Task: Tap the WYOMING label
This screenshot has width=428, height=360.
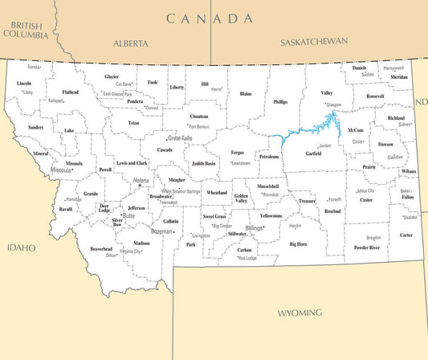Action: (300, 312)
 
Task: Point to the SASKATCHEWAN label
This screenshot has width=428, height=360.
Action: (314, 41)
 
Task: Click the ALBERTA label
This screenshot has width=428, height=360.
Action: (131, 43)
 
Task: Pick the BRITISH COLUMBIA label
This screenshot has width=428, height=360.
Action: (27, 30)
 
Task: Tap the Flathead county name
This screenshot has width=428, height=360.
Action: (71, 92)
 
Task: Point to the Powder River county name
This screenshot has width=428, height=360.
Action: (368, 247)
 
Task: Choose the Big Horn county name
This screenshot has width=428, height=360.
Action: (298, 243)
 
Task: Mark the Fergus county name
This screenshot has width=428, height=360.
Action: (238, 152)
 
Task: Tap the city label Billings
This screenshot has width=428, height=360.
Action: (255, 228)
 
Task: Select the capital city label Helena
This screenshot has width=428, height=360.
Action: (141, 181)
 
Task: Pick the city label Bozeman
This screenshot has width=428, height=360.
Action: (162, 231)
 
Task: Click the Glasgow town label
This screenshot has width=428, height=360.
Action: (333, 104)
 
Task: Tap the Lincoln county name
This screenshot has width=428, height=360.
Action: (25, 84)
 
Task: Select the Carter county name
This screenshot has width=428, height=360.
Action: (406, 235)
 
